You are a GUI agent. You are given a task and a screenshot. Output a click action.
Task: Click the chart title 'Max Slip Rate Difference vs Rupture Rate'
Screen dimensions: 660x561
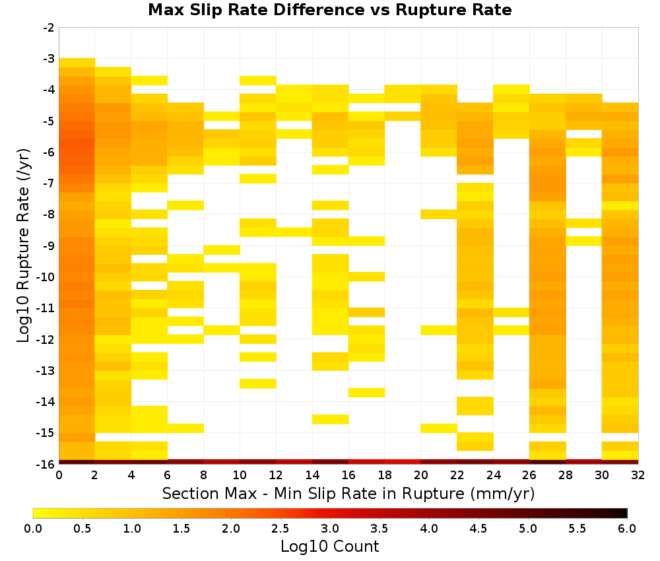click(x=329, y=10)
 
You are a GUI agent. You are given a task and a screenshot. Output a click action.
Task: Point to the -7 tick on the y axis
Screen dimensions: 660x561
click(x=49, y=183)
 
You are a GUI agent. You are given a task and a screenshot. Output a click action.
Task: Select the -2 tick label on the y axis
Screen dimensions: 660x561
click(x=49, y=28)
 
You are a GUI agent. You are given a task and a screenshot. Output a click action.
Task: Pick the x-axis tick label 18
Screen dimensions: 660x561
click(x=384, y=475)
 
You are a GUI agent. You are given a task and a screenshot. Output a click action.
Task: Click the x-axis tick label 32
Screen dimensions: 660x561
click(x=638, y=475)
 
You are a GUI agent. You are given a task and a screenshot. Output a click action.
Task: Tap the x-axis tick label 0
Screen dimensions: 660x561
click(x=59, y=475)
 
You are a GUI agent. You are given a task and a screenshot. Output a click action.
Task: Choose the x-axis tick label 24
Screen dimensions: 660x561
click(x=493, y=475)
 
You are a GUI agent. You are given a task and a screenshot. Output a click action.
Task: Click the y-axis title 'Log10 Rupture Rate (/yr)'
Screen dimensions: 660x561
click(x=23, y=246)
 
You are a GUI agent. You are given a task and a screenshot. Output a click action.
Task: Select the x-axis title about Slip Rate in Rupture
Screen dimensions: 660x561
click(x=348, y=494)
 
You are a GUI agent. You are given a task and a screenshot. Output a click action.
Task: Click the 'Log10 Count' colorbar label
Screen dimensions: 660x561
click(x=329, y=546)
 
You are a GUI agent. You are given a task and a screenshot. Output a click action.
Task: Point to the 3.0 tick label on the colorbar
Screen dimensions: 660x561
click(x=329, y=529)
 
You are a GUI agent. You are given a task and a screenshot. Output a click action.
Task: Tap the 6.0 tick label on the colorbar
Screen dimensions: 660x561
click(x=627, y=529)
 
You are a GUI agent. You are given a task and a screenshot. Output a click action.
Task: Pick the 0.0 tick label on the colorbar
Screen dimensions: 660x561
click(x=33, y=529)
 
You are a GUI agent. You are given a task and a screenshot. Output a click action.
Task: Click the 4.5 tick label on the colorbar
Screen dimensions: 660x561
click(x=478, y=529)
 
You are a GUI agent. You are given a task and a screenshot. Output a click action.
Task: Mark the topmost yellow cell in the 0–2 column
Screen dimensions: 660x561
click(x=77, y=63)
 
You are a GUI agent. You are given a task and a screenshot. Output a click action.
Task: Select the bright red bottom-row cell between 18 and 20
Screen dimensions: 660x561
click(x=403, y=462)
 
